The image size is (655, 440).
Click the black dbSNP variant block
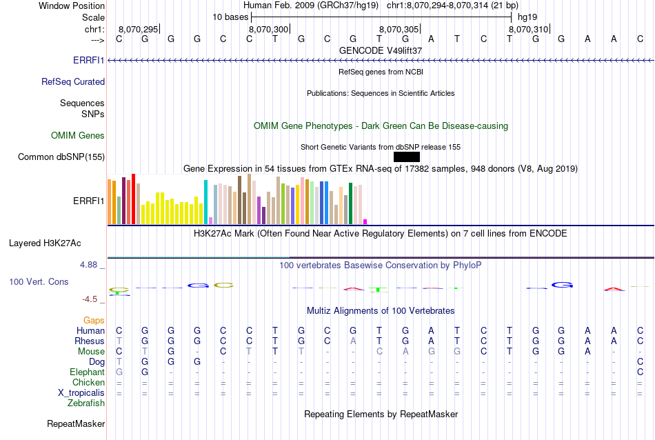[406, 157]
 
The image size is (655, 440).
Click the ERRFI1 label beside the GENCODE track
[89, 61]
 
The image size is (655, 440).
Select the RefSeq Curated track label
[73, 81]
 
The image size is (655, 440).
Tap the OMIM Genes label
[78, 135]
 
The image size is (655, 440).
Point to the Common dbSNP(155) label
[61, 157]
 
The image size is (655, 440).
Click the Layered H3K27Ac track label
[45, 243]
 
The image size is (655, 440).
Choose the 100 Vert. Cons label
[39, 281]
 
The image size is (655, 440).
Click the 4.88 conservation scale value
[90, 265]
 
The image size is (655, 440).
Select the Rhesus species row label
[90, 341]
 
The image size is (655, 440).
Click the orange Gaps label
[94, 320]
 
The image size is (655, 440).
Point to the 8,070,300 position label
[268, 29]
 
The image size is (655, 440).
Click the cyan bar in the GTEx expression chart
[205, 201]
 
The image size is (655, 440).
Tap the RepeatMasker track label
[76, 423]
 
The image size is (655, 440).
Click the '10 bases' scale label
[229, 17]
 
